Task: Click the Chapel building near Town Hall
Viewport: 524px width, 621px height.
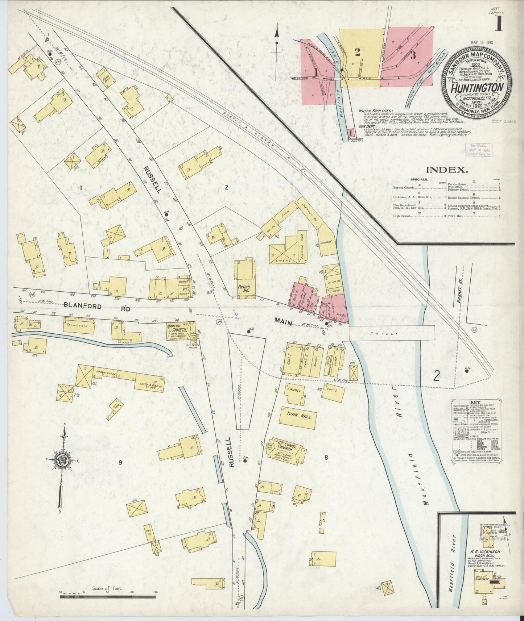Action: (x=294, y=392)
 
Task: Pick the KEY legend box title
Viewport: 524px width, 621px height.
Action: (x=475, y=402)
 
